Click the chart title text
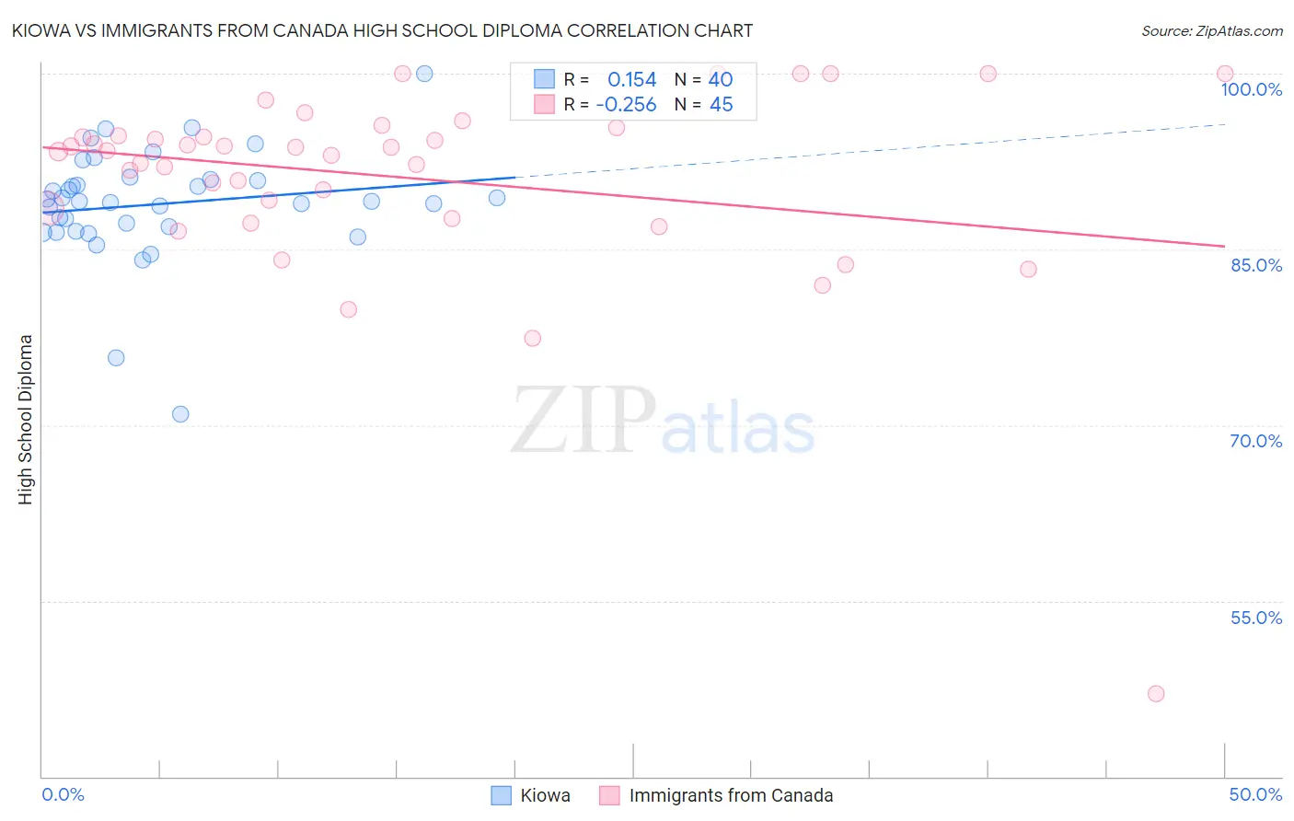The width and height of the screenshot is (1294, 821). (382, 30)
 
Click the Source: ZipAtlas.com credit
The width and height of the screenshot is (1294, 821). (1211, 31)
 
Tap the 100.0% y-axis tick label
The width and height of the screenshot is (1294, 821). (1251, 89)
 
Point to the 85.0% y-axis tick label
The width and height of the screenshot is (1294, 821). (1256, 265)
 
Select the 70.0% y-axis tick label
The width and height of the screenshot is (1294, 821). (1255, 441)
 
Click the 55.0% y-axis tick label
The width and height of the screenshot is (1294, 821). (1255, 618)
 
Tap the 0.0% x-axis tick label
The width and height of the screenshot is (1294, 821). (63, 794)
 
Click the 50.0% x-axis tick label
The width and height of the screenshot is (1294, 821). (1255, 794)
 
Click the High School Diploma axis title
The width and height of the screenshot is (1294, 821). (26, 419)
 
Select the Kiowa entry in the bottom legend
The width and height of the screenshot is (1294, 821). (545, 795)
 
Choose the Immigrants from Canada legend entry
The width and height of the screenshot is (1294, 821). (731, 795)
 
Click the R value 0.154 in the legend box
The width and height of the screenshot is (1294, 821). (632, 80)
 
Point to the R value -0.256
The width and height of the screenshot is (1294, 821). (626, 105)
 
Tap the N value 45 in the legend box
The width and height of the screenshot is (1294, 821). (721, 105)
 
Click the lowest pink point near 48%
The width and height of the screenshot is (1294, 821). (1156, 693)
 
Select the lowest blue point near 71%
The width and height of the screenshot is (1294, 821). (180, 414)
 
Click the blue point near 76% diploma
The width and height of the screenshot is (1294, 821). (116, 358)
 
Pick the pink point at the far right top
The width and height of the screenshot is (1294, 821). (1225, 74)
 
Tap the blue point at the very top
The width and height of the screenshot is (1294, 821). (424, 74)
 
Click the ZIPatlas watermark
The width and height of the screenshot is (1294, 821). (663, 422)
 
